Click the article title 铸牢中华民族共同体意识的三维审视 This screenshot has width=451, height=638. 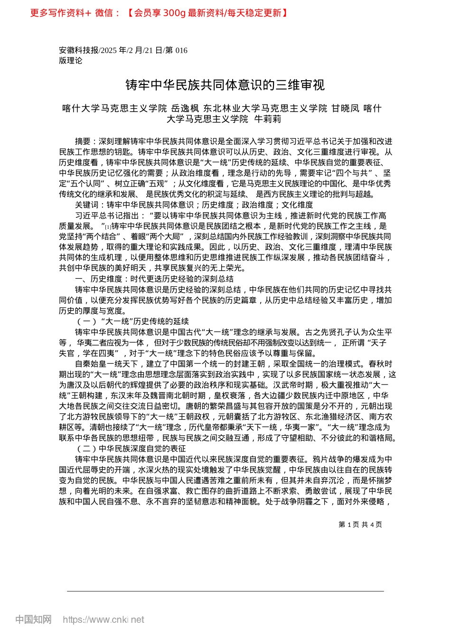[x=225, y=85]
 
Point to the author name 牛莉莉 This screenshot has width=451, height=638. [x=268, y=119]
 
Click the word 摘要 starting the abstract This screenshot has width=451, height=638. [x=83, y=141]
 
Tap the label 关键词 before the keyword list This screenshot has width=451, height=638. [x=87, y=205]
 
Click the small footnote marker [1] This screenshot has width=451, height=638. [x=108, y=227]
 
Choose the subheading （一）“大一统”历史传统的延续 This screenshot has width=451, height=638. [x=132, y=321]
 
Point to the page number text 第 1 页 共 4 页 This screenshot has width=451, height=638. [x=360, y=525]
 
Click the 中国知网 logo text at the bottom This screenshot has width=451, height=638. [x=33, y=619]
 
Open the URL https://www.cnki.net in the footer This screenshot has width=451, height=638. [x=103, y=619]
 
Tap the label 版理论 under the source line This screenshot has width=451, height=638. [x=71, y=61]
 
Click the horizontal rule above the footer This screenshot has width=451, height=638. [x=225, y=591]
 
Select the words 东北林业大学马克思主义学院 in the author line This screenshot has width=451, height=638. [x=265, y=109]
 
